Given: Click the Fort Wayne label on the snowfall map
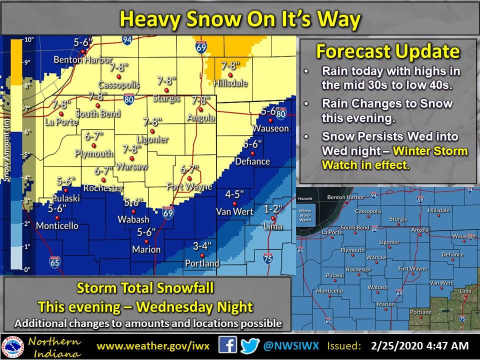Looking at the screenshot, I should click(189, 186).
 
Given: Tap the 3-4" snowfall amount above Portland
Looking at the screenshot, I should click(202, 245).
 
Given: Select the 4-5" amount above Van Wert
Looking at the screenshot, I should click(234, 194).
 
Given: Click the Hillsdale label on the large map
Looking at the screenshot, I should click(230, 83).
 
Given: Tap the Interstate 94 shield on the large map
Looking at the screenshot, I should click(127, 40).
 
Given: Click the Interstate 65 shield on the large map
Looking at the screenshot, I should click(55, 261).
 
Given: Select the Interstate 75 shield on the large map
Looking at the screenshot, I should click(268, 258).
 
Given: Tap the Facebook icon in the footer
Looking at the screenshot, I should click(228, 345).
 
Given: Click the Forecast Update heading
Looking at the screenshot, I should click(388, 51).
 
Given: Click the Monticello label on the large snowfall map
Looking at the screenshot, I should click(57, 225).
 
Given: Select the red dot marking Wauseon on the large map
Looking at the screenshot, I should click(270, 120).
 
